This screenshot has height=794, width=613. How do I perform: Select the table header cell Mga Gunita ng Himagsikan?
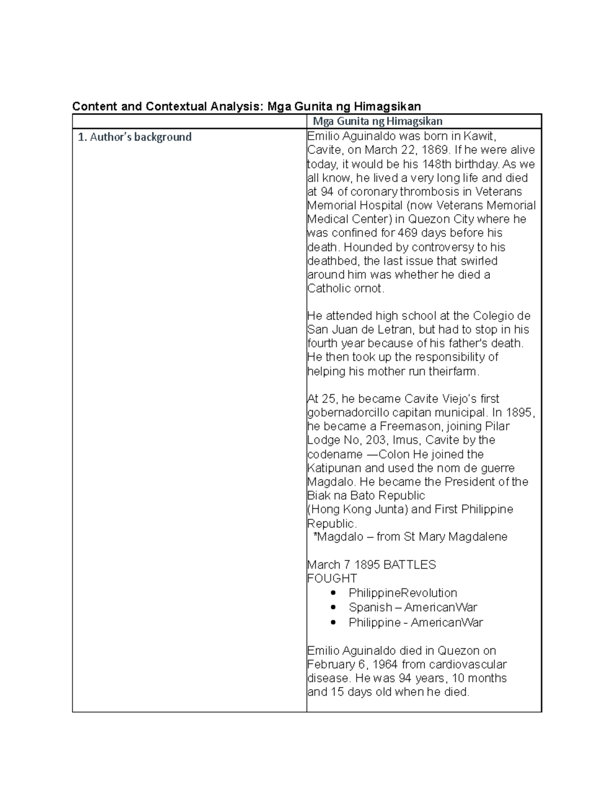click(x=378, y=121)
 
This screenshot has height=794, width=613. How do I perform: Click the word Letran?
click(x=397, y=330)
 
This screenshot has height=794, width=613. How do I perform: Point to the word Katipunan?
click(x=334, y=468)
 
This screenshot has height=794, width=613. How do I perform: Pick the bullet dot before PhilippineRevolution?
click(x=334, y=593)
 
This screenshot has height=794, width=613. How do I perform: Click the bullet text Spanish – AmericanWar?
click(x=413, y=607)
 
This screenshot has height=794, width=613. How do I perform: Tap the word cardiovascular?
click(x=467, y=665)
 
